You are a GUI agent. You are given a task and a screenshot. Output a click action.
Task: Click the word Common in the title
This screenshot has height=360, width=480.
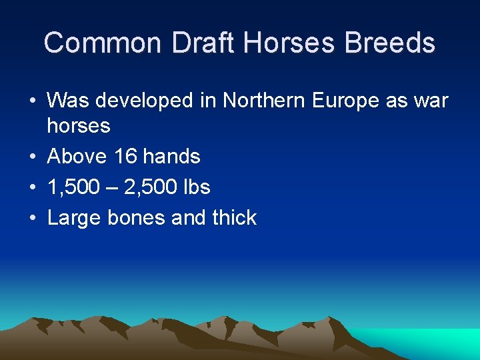[x=103, y=43]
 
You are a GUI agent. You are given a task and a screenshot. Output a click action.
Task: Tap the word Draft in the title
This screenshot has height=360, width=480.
[x=204, y=43]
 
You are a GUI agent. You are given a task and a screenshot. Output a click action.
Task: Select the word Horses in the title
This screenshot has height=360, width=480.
[x=291, y=43]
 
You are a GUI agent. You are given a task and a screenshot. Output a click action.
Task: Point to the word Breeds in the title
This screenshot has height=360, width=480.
[x=390, y=43]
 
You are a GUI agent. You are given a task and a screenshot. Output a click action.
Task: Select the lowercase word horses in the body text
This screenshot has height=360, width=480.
[x=79, y=125]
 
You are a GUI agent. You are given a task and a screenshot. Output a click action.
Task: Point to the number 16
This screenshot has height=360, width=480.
[x=125, y=157]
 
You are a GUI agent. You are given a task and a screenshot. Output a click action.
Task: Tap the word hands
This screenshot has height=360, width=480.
[x=171, y=157]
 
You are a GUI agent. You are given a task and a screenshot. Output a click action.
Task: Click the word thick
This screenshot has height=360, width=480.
[x=231, y=218]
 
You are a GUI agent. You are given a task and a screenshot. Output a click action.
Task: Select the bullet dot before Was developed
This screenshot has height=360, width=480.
[x=33, y=101]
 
